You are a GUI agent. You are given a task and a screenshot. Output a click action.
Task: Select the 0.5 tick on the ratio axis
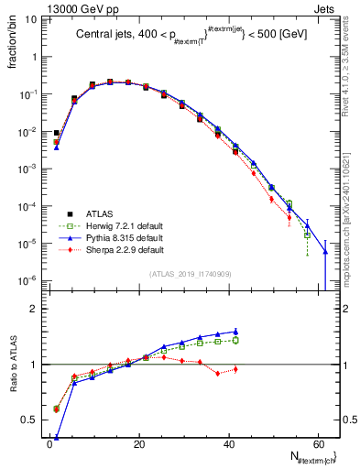click(28, 420)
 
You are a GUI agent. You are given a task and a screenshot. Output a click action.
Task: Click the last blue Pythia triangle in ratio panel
click(235, 332)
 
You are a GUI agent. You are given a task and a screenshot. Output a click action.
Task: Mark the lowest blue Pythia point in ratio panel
click(56, 437)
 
